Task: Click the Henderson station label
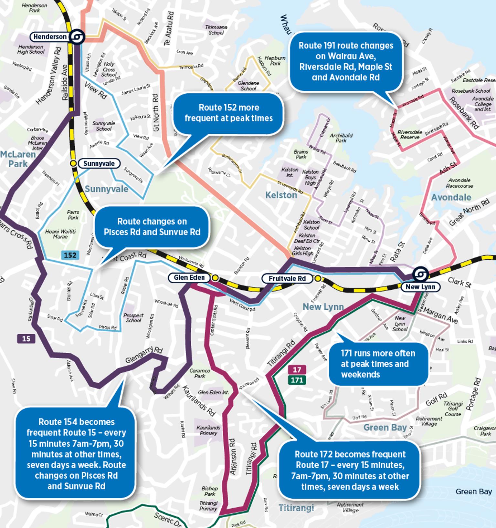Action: pyautogui.click(x=50, y=37)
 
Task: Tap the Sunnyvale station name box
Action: pyautogui.click(x=99, y=163)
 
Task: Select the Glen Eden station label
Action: pyautogui.click(x=189, y=277)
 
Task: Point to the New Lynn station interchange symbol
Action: pyautogui.click(x=420, y=274)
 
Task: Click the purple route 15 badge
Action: pyautogui.click(x=26, y=339)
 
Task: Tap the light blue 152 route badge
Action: pyautogui.click(x=70, y=255)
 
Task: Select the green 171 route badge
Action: pyautogui.click(x=297, y=380)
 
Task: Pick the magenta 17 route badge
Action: pyautogui.click(x=297, y=369)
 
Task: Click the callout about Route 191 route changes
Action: pyautogui.click(x=346, y=61)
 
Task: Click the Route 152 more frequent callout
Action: pyautogui.click(x=228, y=113)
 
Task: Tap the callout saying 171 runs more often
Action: pyautogui.click(x=378, y=364)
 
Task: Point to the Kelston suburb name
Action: pyautogui.click(x=281, y=195)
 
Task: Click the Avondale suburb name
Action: pyautogui.click(x=451, y=197)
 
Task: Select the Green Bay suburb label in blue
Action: pyautogui.click(x=385, y=428)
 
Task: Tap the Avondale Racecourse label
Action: pyautogui.click(x=459, y=183)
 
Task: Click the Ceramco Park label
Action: pyautogui.click(x=200, y=373)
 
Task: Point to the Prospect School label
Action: pyautogui.click(x=133, y=318)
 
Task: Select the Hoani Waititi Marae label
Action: pyautogui.click(x=60, y=234)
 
